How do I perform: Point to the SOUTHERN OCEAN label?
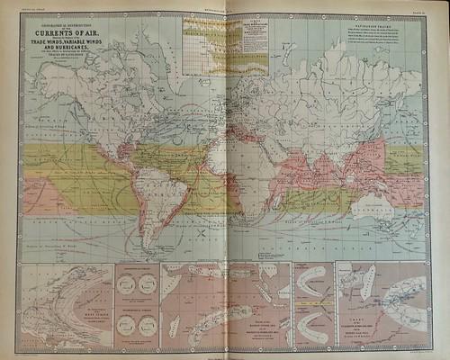point(297,243)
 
